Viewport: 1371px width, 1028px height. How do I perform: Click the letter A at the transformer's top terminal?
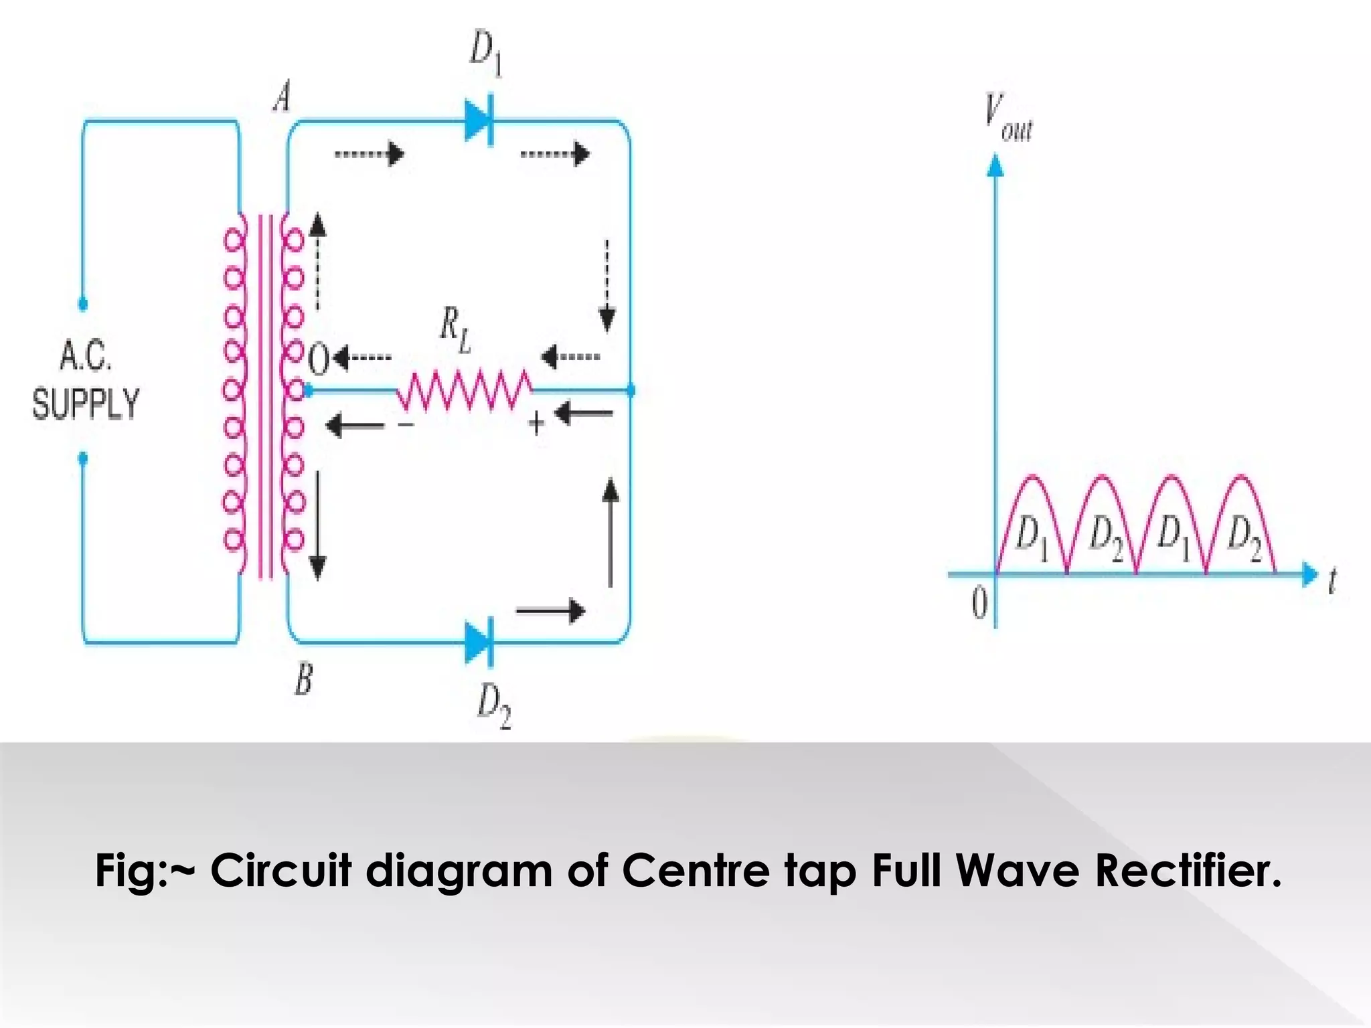pyautogui.click(x=283, y=99)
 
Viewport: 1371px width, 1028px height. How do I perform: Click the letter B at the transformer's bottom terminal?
pyautogui.click(x=303, y=681)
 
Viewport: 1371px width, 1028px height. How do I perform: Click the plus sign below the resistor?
pyautogui.click(x=536, y=423)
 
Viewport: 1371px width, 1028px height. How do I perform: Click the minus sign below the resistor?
pyautogui.click(x=406, y=424)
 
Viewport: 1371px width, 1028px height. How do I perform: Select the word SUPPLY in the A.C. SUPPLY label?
pyautogui.click(x=86, y=404)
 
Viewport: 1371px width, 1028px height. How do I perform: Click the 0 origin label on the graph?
pyautogui.click(x=978, y=604)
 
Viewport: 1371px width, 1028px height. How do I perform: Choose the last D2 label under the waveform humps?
pyautogui.click(x=1244, y=538)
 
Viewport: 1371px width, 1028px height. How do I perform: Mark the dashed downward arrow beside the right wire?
pyautogui.click(x=607, y=285)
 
